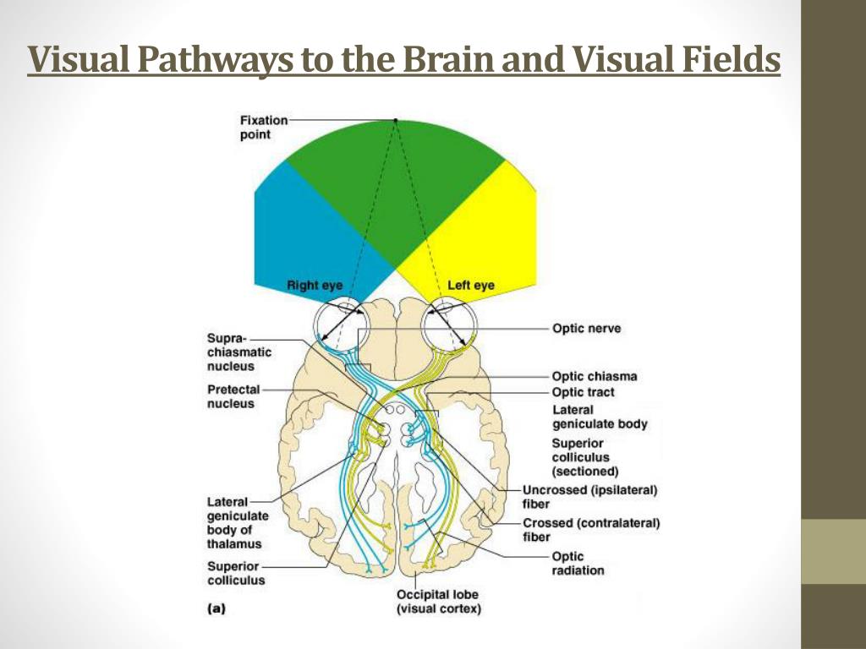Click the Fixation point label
[x=263, y=128]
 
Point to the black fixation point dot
[x=394, y=121]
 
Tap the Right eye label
[x=315, y=286]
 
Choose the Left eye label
[x=470, y=286]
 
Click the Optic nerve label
[x=586, y=328]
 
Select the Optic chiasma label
[x=594, y=377]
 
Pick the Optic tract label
[x=583, y=393]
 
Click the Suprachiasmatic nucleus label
[x=238, y=352]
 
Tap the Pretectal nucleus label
[x=233, y=397]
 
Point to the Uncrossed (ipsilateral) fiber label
[x=589, y=497]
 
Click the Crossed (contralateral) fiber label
[x=590, y=530]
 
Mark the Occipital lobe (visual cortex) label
[x=439, y=602]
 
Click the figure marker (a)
[x=216, y=607]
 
